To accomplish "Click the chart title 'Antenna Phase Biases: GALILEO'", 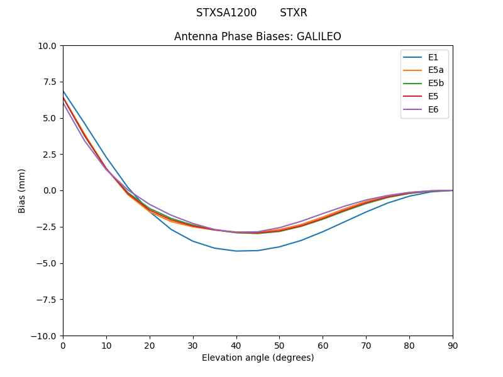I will (x=257, y=36).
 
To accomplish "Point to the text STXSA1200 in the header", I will (x=226, y=13).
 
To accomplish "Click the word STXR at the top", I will (x=294, y=13).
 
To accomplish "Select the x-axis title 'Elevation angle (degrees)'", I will (x=257, y=358).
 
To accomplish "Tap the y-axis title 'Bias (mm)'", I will (x=22, y=190).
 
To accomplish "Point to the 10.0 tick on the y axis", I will (x=49, y=46).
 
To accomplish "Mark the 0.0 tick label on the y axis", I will (x=50, y=190).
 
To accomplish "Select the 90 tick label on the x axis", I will (x=452, y=345).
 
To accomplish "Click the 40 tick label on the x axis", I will (x=236, y=345).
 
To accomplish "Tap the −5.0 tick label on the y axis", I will (x=47, y=263).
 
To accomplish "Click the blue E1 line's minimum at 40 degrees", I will (x=236, y=251).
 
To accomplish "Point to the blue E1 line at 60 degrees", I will (x=323, y=231).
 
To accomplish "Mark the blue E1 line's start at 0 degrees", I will (x=64, y=91).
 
